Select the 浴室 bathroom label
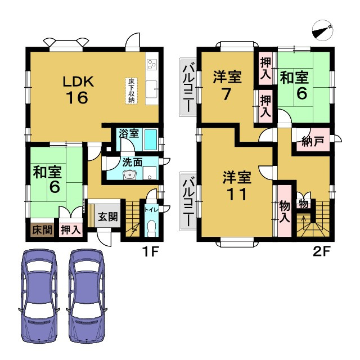coord(128,134)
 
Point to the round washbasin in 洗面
coord(130,174)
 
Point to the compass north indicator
coord(322,29)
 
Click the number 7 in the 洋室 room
coord(226,94)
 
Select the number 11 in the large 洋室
coord(235,194)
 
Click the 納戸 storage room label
coord(312,142)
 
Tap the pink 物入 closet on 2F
coord(284,211)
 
